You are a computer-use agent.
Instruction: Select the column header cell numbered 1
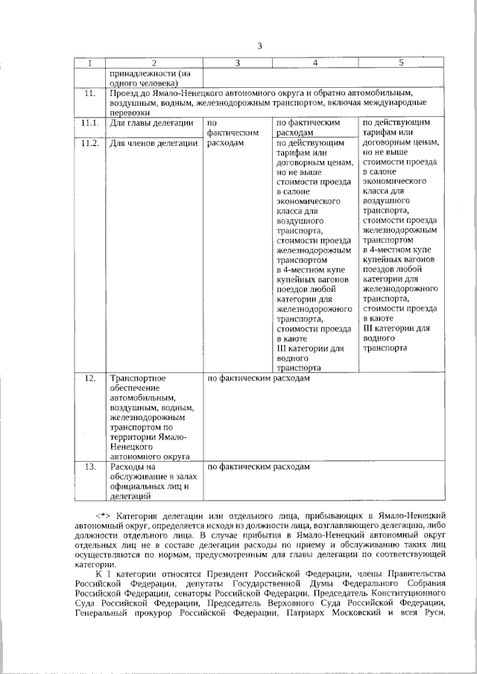point(90,63)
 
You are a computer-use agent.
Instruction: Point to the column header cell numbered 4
point(315,63)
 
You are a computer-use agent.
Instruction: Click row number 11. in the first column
point(90,93)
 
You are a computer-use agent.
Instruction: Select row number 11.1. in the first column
point(90,121)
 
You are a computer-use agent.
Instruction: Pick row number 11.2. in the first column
point(90,142)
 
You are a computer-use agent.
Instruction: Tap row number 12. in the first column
point(90,378)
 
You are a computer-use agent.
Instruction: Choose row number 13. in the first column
point(90,467)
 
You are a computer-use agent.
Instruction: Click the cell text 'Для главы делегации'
point(151,121)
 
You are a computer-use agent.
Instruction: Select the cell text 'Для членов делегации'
point(154,142)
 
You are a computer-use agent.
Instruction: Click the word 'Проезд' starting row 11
point(124,93)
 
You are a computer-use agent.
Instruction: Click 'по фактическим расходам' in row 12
point(257,378)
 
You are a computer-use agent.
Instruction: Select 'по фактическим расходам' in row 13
point(257,467)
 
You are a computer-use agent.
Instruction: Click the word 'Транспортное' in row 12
point(138,378)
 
